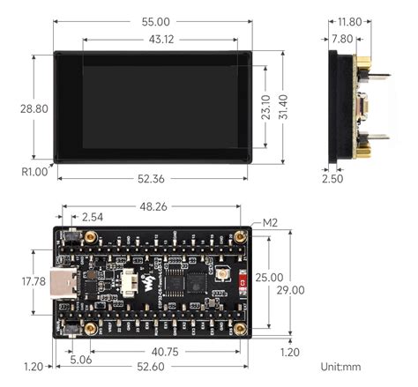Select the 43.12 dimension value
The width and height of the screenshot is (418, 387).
click(x=156, y=40)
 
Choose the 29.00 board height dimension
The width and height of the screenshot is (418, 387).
click(x=291, y=289)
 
